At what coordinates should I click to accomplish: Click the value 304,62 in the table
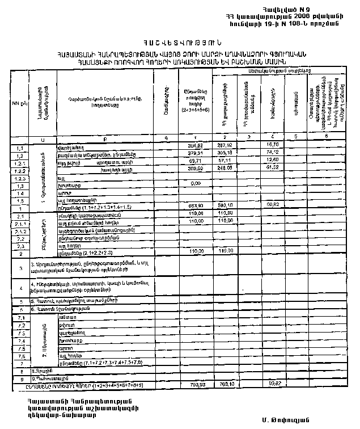pos(194,145)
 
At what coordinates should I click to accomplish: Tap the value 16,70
pos(272,145)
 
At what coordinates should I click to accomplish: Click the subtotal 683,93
pos(194,205)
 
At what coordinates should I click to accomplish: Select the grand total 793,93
pos(194,384)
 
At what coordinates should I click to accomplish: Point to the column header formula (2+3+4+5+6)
pos(194,109)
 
